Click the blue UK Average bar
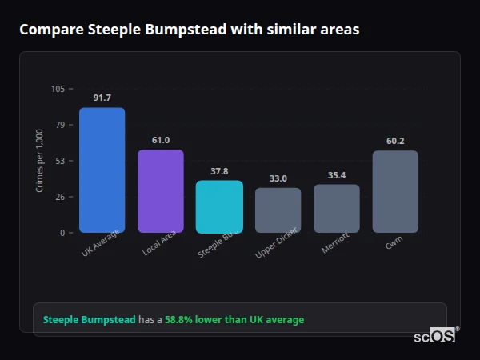(102, 170)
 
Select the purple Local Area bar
(161, 191)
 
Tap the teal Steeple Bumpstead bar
(219, 206)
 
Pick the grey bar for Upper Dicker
(278, 210)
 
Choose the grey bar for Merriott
(336, 209)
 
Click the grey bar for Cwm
(395, 192)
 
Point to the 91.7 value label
(102, 98)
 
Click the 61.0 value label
(161, 140)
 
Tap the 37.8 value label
(219, 171)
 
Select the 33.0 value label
(278, 178)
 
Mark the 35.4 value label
(336, 175)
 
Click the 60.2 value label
(395, 141)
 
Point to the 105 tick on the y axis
(58, 89)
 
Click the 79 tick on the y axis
(60, 125)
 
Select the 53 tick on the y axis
(60, 161)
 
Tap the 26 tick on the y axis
(60, 197)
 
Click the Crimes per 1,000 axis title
(39, 161)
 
